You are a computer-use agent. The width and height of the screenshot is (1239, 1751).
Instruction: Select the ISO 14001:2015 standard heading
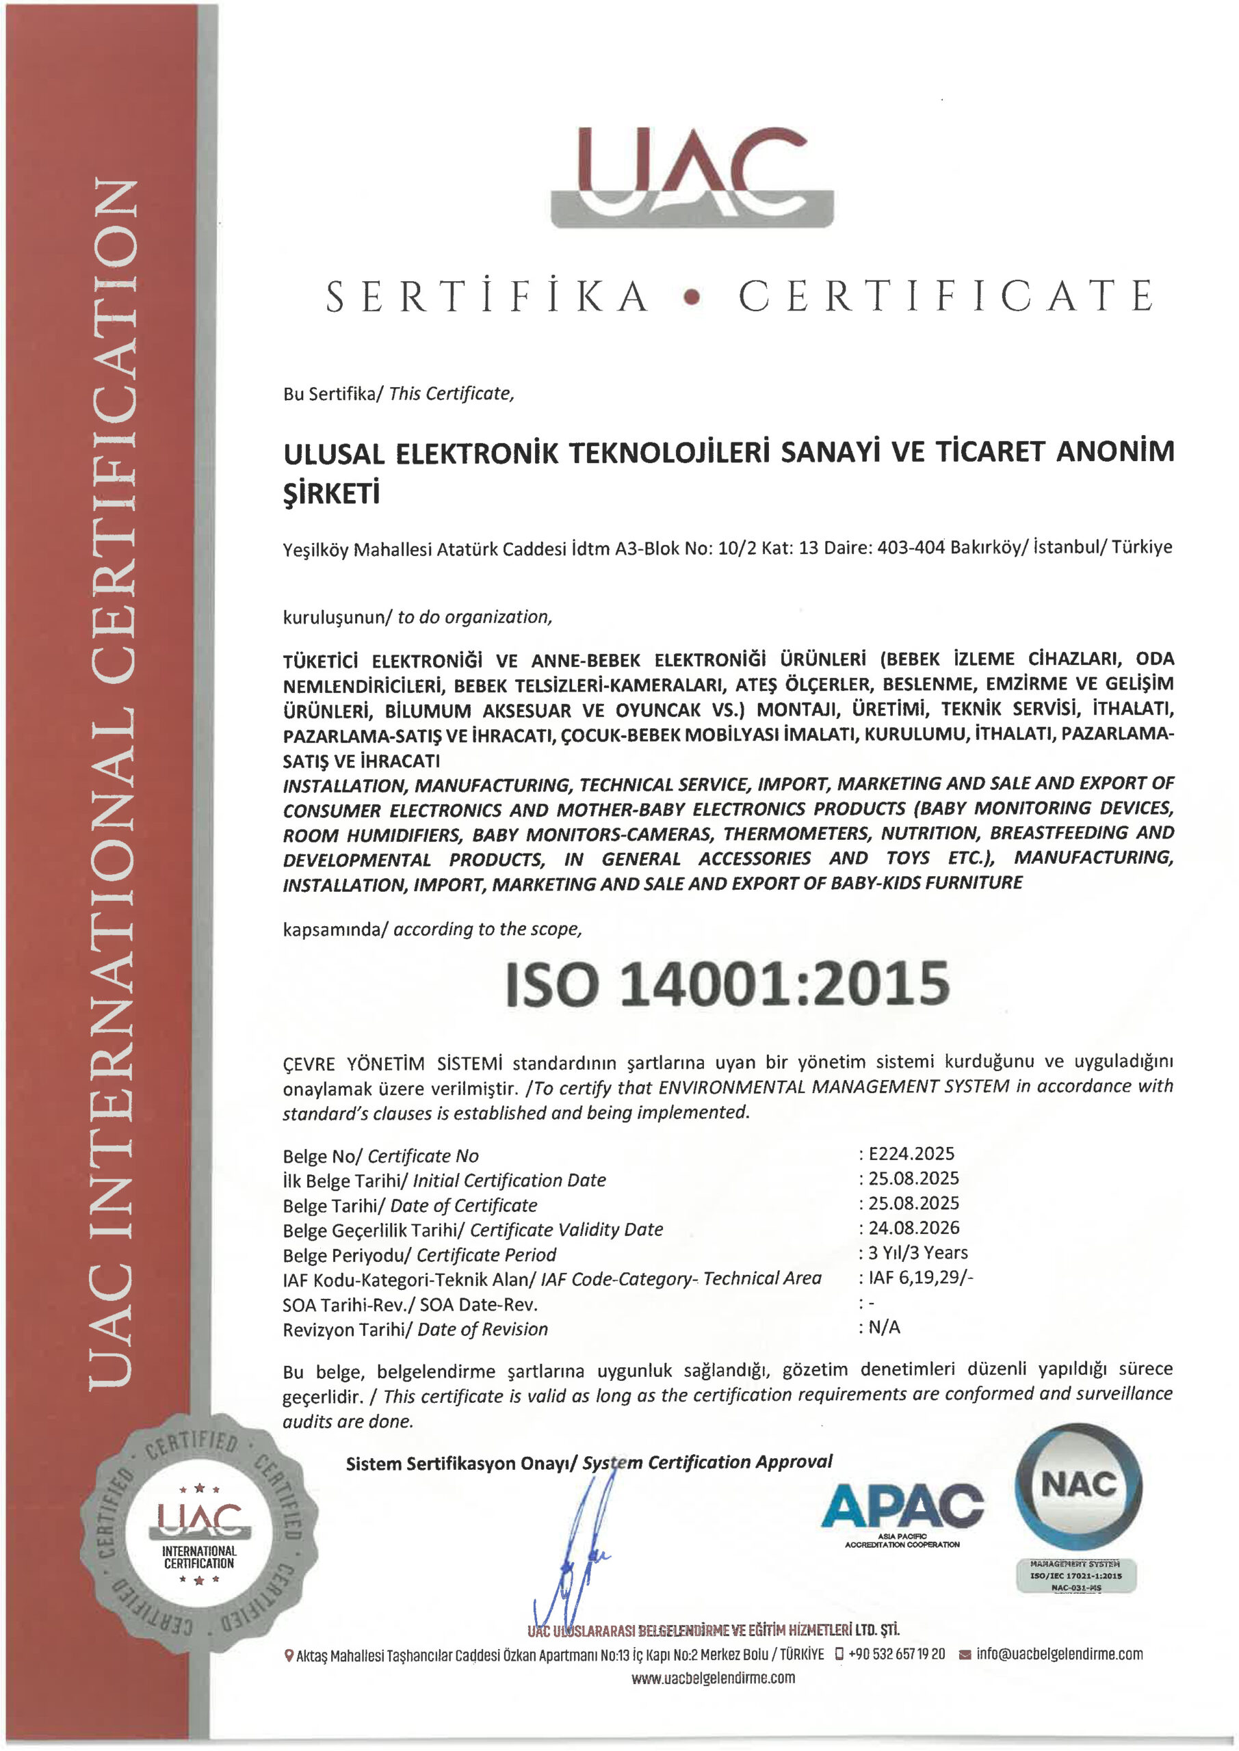click(x=728, y=983)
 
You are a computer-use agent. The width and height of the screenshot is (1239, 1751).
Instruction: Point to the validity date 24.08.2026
click(x=913, y=1228)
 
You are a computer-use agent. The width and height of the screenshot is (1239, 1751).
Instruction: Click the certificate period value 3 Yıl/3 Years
click(x=918, y=1252)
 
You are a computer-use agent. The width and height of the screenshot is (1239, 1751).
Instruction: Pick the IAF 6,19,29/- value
click(x=920, y=1278)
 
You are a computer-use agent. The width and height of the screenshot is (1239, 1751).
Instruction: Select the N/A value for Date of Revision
click(x=884, y=1327)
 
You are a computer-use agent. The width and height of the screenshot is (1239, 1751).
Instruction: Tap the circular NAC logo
click(x=1078, y=1486)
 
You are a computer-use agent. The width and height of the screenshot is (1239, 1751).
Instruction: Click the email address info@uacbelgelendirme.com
click(x=1059, y=1653)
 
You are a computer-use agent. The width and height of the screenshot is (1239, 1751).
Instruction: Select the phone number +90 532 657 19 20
click(x=896, y=1653)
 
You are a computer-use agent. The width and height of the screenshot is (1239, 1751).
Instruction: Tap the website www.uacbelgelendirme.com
click(x=713, y=1678)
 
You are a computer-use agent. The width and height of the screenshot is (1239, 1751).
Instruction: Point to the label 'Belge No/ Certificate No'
click(x=380, y=1156)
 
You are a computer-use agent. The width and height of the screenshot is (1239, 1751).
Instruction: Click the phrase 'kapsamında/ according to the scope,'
click(x=432, y=929)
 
